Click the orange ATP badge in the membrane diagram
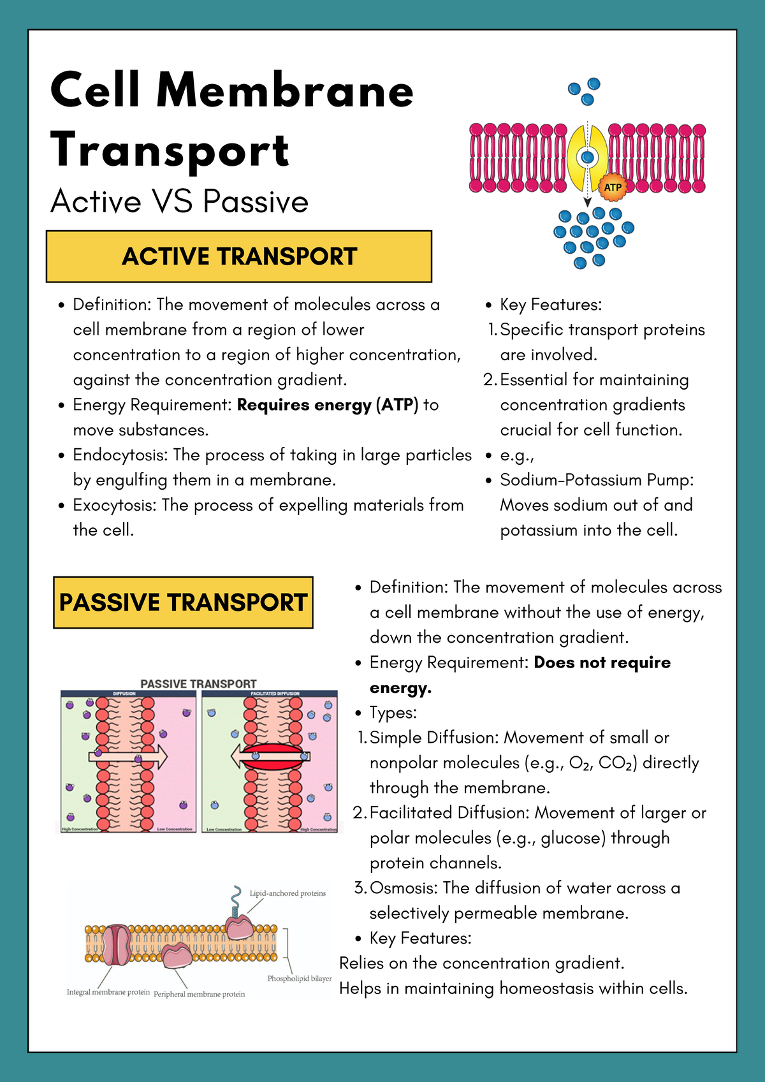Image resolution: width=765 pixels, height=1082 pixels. (x=612, y=187)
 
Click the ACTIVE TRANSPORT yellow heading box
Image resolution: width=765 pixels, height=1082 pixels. (x=239, y=256)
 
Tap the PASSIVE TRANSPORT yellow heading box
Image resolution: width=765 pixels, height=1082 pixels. (x=183, y=603)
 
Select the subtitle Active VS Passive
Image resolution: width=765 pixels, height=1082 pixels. (x=179, y=201)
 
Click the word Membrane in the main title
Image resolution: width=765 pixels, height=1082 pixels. (x=285, y=90)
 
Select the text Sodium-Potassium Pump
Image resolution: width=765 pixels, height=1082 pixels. (x=597, y=479)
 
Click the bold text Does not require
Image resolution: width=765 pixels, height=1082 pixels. (x=602, y=662)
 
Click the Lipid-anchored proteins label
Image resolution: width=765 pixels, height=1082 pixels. (x=288, y=893)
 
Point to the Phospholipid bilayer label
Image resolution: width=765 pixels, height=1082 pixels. (x=299, y=979)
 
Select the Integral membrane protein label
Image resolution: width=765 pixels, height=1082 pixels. (x=108, y=992)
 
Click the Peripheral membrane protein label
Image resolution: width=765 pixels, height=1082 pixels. (x=199, y=994)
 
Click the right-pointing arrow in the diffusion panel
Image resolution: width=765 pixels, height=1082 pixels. (x=127, y=757)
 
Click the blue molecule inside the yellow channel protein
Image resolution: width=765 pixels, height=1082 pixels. (x=587, y=157)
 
